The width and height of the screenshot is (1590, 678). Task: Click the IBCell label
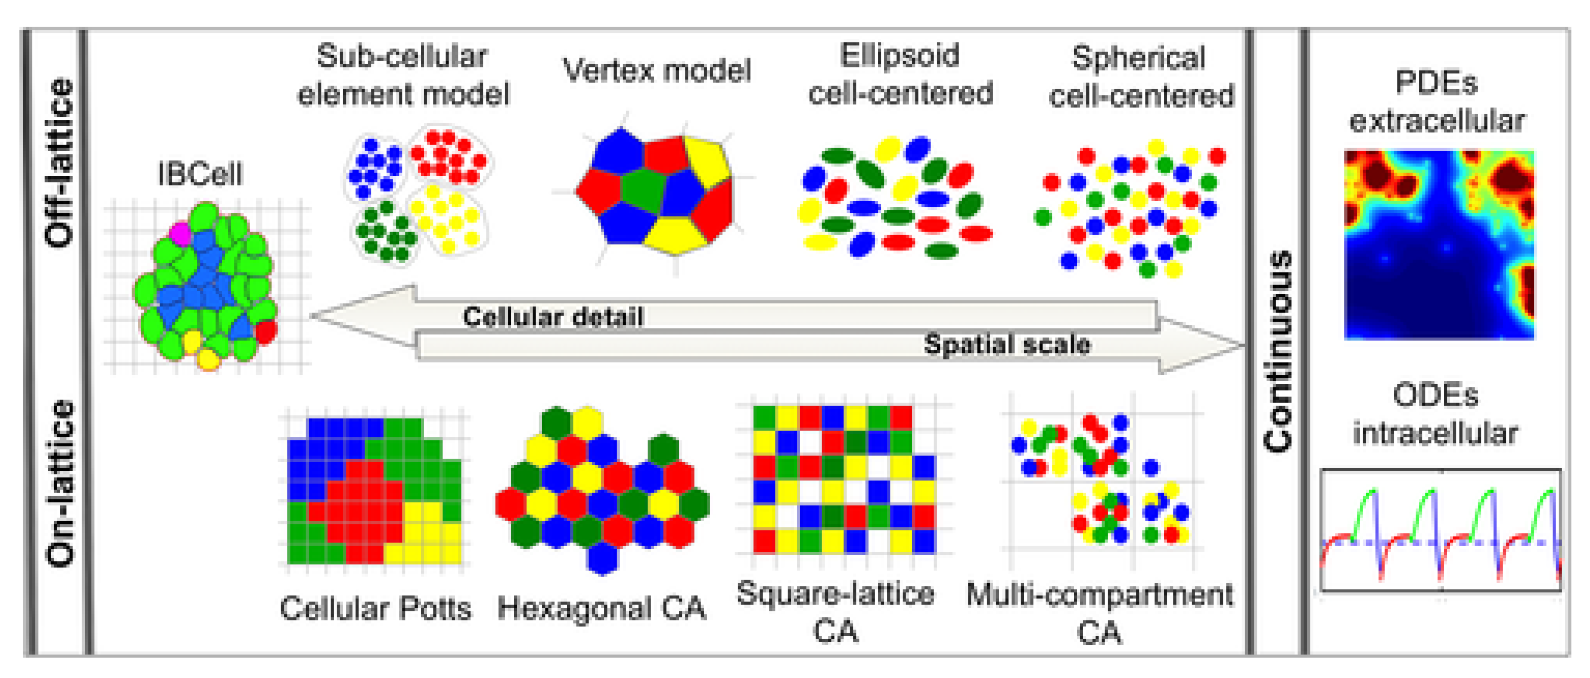199,174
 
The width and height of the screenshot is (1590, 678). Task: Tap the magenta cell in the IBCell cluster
180,234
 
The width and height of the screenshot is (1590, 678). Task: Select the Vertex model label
656,70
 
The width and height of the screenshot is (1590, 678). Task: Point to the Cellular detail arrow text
553,317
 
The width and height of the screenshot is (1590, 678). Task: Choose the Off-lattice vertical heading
60,162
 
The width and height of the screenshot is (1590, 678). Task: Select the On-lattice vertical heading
60,483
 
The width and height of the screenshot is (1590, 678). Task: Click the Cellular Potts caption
375,609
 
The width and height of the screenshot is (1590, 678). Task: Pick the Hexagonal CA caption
601,609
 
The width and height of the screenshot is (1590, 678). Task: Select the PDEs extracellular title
1436,102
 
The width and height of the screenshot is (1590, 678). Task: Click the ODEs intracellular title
1435,414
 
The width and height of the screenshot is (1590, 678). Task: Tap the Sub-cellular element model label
403,75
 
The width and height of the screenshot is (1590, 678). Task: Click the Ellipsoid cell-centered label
900,74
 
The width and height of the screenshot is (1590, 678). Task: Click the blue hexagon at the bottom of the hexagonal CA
602,559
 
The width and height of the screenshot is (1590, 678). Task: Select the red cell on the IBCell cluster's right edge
266,331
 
